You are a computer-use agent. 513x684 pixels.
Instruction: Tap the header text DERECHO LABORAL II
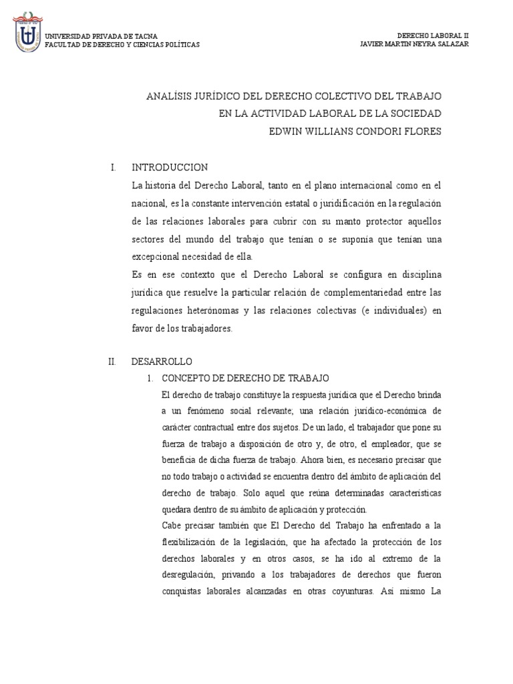tap(433, 35)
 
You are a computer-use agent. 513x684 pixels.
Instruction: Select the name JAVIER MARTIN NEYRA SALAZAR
tap(414, 44)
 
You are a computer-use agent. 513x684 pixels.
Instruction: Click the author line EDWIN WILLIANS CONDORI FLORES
tap(355, 132)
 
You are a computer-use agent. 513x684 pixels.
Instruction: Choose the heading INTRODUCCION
tap(170, 167)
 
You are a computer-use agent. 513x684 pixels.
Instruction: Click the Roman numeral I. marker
tap(114, 167)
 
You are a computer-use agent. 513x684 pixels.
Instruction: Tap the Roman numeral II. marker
tap(112, 361)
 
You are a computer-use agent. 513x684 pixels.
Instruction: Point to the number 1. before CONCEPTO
tap(151, 378)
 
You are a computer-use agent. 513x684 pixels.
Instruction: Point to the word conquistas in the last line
tap(185, 591)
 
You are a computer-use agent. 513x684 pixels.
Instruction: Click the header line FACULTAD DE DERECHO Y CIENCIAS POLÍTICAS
tap(122, 45)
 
